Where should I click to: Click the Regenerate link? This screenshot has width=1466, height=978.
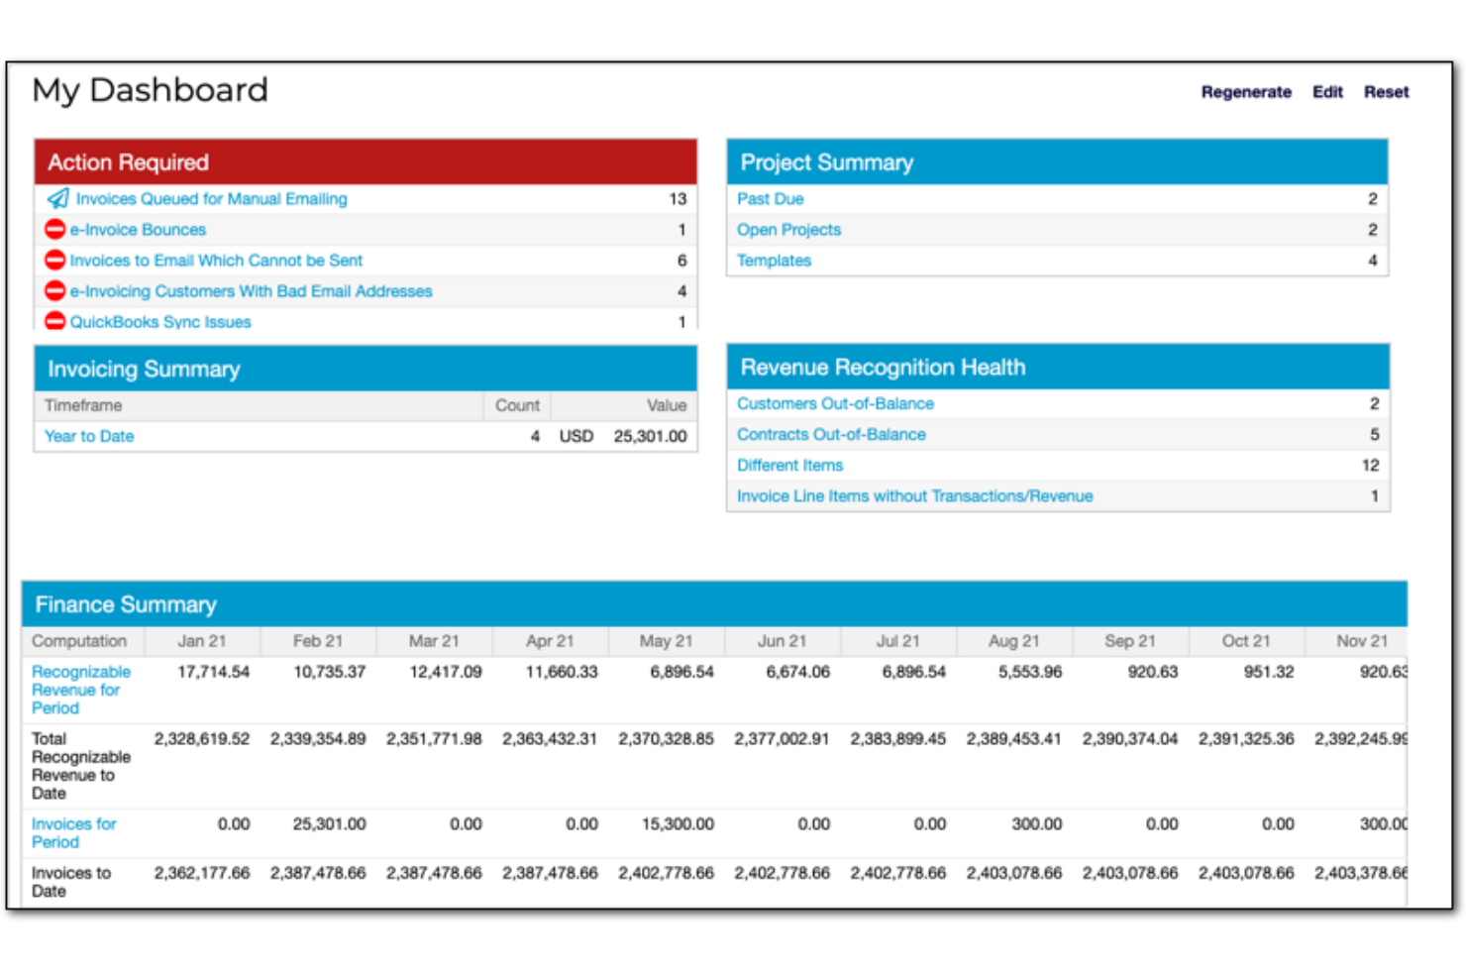[1245, 92]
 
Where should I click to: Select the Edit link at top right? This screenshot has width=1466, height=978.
[1326, 92]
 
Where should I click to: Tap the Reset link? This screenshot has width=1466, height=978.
[1386, 92]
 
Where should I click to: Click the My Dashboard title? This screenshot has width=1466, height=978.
[150, 90]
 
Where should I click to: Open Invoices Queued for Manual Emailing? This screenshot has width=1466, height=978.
[211, 199]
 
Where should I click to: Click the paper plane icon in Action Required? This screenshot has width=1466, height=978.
[57, 199]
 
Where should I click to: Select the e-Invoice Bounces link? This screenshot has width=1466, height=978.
[138, 230]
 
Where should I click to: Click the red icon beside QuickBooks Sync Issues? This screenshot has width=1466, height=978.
[55, 321]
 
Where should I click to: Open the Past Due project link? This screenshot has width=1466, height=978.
[770, 199]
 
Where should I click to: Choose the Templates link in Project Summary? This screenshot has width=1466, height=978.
[774, 261]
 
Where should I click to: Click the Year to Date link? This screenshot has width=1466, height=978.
[89, 436]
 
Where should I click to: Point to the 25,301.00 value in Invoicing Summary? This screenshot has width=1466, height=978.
[650, 436]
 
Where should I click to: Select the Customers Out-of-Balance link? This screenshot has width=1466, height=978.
[835, 404]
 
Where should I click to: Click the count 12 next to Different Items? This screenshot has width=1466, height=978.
[1369, 466]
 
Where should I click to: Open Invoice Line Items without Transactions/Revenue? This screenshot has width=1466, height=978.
[914, 496]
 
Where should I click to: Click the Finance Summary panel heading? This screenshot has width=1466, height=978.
[126, 604]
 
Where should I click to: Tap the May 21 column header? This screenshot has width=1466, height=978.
[666, 641]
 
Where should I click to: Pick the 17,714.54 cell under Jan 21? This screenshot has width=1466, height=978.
[213, 672]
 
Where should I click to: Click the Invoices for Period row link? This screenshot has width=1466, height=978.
[73, 832]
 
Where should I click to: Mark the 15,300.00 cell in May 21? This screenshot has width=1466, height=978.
[678, 824]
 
